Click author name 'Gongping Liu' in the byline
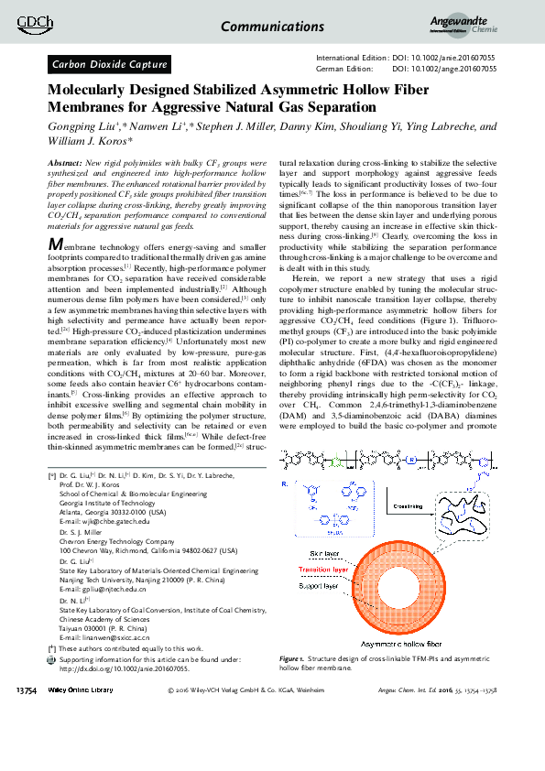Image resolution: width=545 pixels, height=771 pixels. (x=80, y=127)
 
